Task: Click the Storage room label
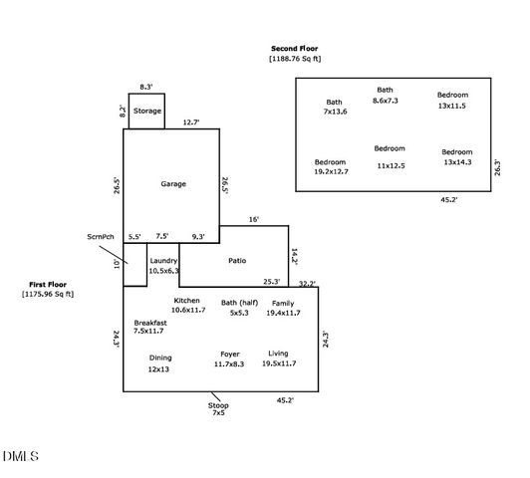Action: [147, 111]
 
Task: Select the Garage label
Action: [173, 183]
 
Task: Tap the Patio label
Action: [236, 261]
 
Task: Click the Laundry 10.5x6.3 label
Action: [163, 266]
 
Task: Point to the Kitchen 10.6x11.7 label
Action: [187, 306]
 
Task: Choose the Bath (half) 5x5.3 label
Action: [239, 308]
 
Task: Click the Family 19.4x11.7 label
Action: [283, 308]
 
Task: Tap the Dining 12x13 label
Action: [159, 363]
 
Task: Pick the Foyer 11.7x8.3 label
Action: [229, 359]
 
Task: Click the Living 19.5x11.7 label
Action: [278, 359]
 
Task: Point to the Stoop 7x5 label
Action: [217, 408]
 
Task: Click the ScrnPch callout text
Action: [100, 237]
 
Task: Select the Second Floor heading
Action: [295, 53]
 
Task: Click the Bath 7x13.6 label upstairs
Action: [334, 107]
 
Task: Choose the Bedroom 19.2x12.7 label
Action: [330, 167]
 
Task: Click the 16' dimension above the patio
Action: [253, 219]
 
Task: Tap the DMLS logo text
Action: [20, 456]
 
